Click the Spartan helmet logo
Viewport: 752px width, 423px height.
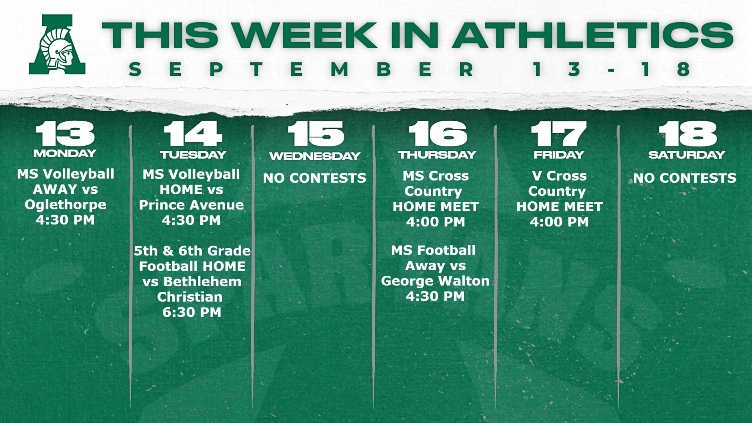click(57, 44)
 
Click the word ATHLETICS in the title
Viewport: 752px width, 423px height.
click(593, 35)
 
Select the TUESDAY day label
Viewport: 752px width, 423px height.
click(193, 155)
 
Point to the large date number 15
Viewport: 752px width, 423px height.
click(316, 134)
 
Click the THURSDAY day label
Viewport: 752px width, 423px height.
click(437, 155)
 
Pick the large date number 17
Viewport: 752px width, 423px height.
click(559, 134)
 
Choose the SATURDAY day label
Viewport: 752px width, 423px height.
click(687, 155)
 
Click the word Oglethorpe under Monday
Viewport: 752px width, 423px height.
click(65, 205)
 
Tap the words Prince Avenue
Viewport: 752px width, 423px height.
click(192, 205)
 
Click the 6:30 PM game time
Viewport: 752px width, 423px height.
click(192, 312)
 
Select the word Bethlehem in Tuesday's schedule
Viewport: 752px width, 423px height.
click(202, 282)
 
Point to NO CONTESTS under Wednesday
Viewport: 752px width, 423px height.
click(315, 178)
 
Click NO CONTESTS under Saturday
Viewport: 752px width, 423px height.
click(685, 178)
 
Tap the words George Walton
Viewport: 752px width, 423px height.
click(436, 281)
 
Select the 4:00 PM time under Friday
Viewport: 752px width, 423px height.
click(559, 222)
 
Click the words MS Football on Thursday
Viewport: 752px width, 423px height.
click(433, 250)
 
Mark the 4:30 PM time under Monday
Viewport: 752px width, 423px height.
click(65, 220)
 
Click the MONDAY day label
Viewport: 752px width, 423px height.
click(65, 153)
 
